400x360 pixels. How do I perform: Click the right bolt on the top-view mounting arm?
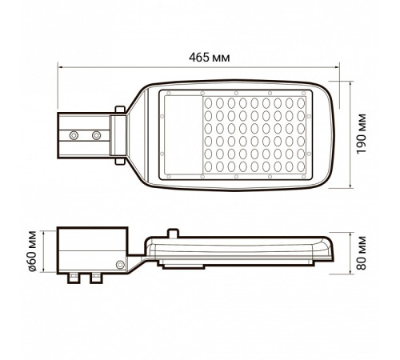click(96, 131)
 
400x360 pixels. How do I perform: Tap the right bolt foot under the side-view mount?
click(97, 278)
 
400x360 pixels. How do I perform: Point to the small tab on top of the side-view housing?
click(173, 231)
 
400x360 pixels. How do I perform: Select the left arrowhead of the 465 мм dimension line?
click(59, 69)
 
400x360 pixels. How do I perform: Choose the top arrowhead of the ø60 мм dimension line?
click(57, 229)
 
